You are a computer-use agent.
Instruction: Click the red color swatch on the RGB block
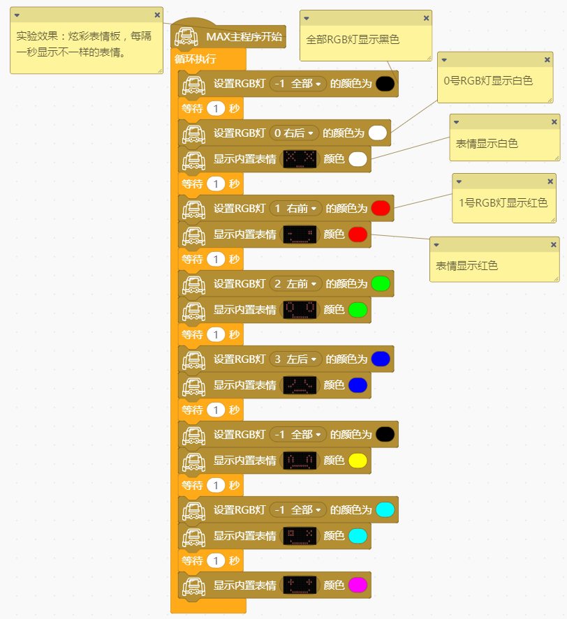pyautogui.click(x=381, y=208)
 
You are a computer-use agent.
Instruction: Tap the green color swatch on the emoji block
pyautogui.click(x=358, y=309)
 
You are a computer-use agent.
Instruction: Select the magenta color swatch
pyautogui.click(x=358, y=584)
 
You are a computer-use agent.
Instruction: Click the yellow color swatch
pyautogui.click(x=358, y=460)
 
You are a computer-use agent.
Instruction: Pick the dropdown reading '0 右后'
pyautogui.click(x=293, y=133)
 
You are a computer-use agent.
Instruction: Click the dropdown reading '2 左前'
pyautogui.click(x=296, y=283)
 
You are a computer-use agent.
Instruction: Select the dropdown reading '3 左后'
pyautogui.click(x=296, y=359)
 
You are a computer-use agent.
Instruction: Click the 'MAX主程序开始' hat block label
pyautogui.click(x=244, y=36)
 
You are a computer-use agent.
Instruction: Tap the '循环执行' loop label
pyautogui.click(x=195, y=59)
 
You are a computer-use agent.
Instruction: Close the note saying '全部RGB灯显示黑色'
pyautogui.click(x=426, y=18)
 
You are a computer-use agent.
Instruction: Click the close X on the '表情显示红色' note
pyautogui.click(x=554, y=244)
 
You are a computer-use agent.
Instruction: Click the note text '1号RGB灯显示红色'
pyautogui.click(x=503, y=203)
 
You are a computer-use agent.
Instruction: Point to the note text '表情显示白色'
pyautogui.click(x=487, y=144)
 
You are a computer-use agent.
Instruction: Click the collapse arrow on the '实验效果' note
pyautogui.click(x=16, y=15)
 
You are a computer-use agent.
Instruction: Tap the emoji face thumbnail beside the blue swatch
pyautogui.click(x=300, y=385)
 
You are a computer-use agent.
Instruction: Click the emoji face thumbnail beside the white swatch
pyautogui.click(x=300, y=158)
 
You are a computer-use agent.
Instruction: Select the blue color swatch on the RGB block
pyautogui.click(x=381, y=359)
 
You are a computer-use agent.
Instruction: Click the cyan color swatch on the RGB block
pyautogui.click(x=385, y=509)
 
